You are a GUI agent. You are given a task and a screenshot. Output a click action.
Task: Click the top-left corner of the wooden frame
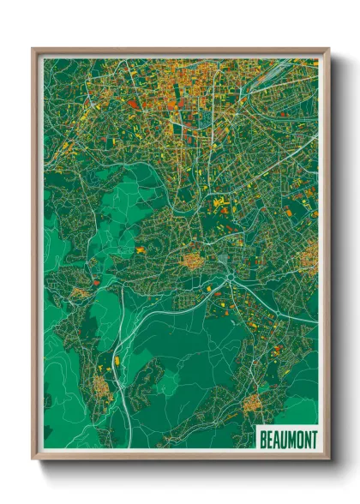coord(33,49)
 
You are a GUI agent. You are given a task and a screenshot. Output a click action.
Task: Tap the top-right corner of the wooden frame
coord(328,49)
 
